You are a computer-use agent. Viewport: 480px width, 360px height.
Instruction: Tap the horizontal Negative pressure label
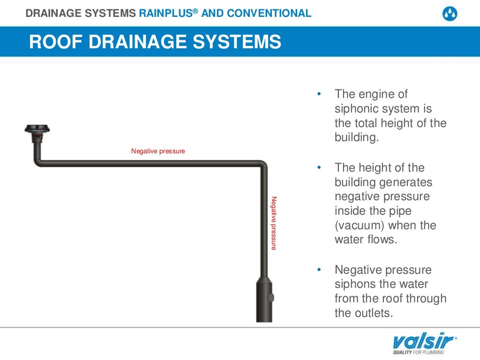point(158,151)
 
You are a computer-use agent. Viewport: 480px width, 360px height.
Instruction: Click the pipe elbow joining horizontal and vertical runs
point(262,165)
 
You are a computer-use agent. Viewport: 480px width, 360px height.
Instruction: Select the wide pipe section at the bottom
point(264,300)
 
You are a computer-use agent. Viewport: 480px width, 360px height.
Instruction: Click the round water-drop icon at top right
point(450,14)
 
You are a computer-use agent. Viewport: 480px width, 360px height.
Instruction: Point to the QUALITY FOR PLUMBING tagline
point(418,352)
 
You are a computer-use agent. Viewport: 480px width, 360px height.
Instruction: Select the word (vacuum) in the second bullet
point(360,225)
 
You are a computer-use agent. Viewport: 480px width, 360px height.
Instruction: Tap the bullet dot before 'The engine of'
point(319,94)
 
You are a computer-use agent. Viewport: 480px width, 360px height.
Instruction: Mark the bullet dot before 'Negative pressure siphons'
point(319,270)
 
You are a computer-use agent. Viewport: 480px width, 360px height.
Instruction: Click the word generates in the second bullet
point(406,182)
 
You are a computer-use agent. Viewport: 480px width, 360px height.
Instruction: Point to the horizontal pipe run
point(150,164)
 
